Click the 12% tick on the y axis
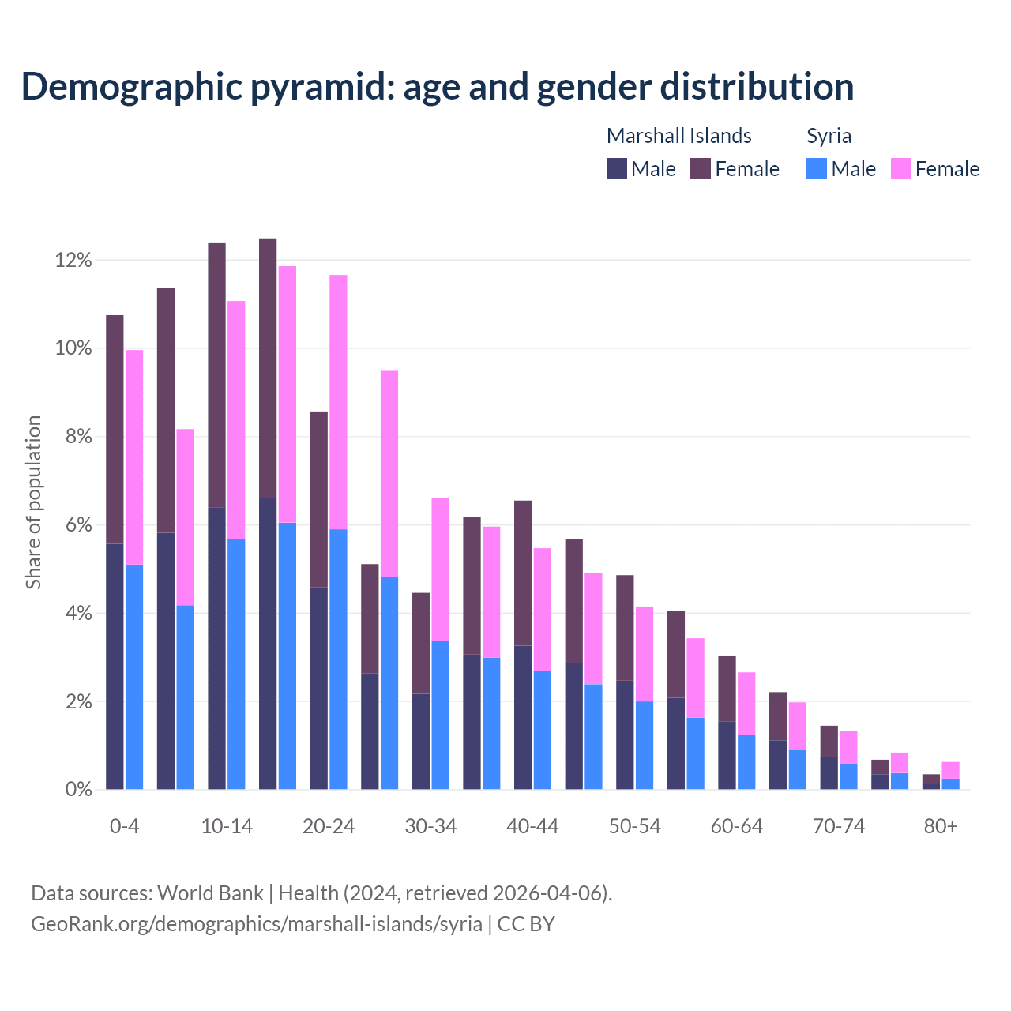(73, 260)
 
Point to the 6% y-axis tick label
(77, 525)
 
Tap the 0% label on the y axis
(77, 790)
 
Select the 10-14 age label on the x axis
(227, 827)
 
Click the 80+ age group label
(941, 827)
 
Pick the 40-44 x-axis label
(532, 827)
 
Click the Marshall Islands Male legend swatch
(617, 168)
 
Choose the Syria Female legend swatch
(900, 168)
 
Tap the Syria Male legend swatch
(817, 168)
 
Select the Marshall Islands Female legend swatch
(701, 168)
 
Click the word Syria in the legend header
(829, 136)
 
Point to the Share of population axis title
(34, 502)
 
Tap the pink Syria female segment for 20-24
(338, 401)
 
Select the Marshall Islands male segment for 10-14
(216, 648)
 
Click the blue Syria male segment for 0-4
(134, 677)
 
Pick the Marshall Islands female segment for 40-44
(523, 573)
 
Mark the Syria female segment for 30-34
(440, 569)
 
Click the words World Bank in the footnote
(210, 893)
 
